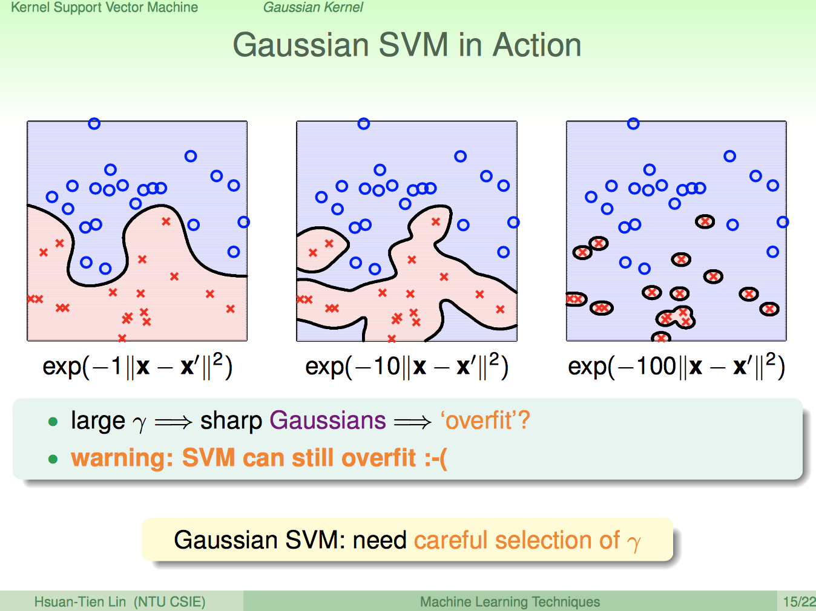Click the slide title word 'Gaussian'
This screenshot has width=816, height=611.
[x=301, y=45]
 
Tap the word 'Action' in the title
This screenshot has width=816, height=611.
[x=537, y=45]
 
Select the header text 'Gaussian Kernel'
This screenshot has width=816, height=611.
[x=313, y=7]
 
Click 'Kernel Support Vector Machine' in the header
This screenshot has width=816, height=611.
[x=104, y=7]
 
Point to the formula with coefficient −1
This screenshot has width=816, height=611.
[x=137, y=366]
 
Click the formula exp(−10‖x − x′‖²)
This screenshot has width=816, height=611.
[x=407, y=366]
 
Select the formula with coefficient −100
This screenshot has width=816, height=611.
[x=676, y=366]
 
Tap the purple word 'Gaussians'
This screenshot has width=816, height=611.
[x=327, y=420]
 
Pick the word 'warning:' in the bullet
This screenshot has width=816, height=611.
[x=118, y=458]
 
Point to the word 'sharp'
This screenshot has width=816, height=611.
[x=231, y=420]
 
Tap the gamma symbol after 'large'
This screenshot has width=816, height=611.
[x=139, y=423]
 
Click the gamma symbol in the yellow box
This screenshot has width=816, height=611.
[x=633, y=543]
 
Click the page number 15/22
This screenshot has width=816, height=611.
[x=798, y=602]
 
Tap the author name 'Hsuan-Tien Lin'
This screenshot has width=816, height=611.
[x=80, y=602]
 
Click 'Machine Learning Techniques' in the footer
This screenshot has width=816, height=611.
[x=510, y=602]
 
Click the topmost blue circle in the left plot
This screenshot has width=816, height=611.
[x=94, y=124]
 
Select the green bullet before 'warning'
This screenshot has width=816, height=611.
[x=53, y=459]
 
